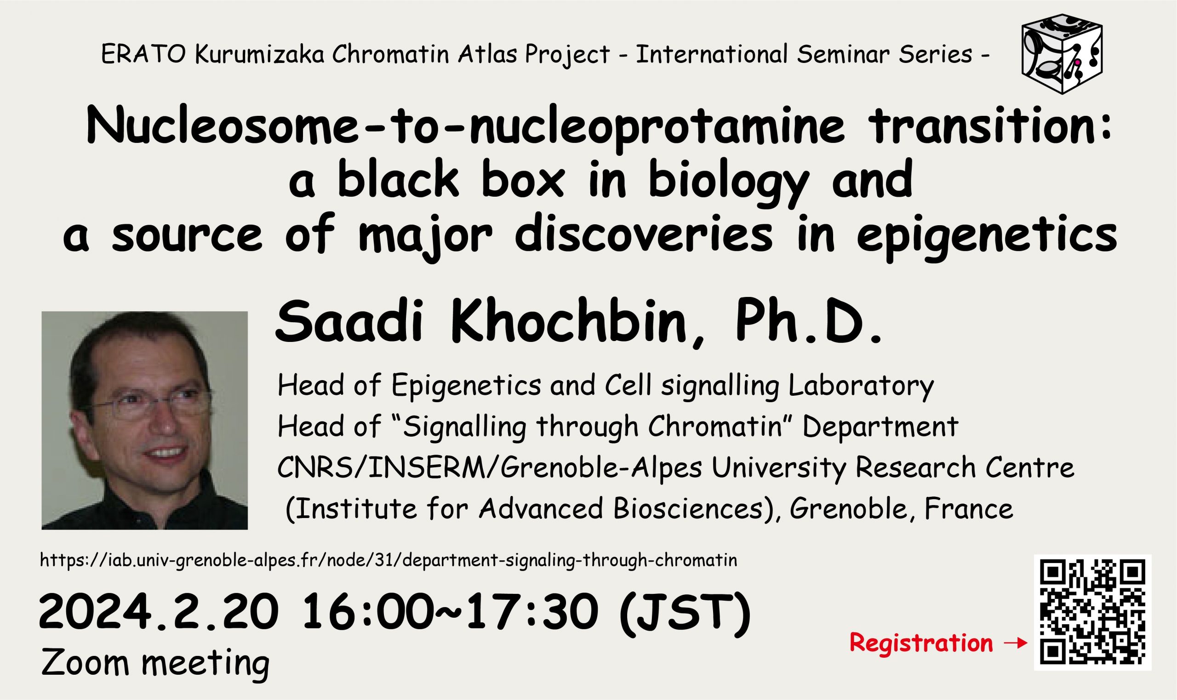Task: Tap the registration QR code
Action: click(x=1092, y=612)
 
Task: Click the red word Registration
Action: click(x=921, y=643)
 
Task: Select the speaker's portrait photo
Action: click(x=144, y=420)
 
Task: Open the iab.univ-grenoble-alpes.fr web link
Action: click(x=389, y=560)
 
